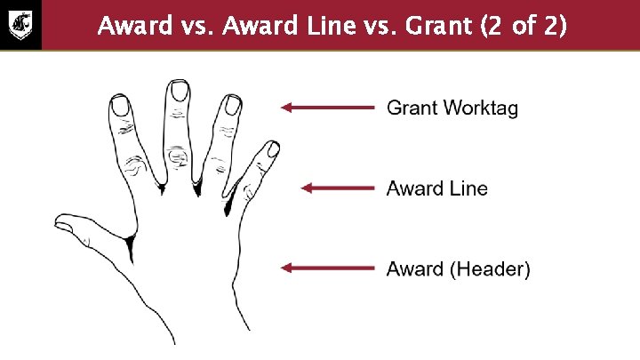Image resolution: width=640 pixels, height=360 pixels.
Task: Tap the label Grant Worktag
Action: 452,108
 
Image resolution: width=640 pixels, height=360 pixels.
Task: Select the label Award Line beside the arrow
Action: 436,188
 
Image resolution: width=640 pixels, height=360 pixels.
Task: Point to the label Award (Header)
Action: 458,268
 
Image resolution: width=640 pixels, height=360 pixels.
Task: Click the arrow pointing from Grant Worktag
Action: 327,108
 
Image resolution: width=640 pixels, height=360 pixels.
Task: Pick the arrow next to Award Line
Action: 337,188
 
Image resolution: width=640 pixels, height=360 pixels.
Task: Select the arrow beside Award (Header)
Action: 327,268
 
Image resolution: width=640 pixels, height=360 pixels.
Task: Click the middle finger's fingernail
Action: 179,90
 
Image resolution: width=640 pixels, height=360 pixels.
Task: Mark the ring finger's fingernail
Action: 233,105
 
